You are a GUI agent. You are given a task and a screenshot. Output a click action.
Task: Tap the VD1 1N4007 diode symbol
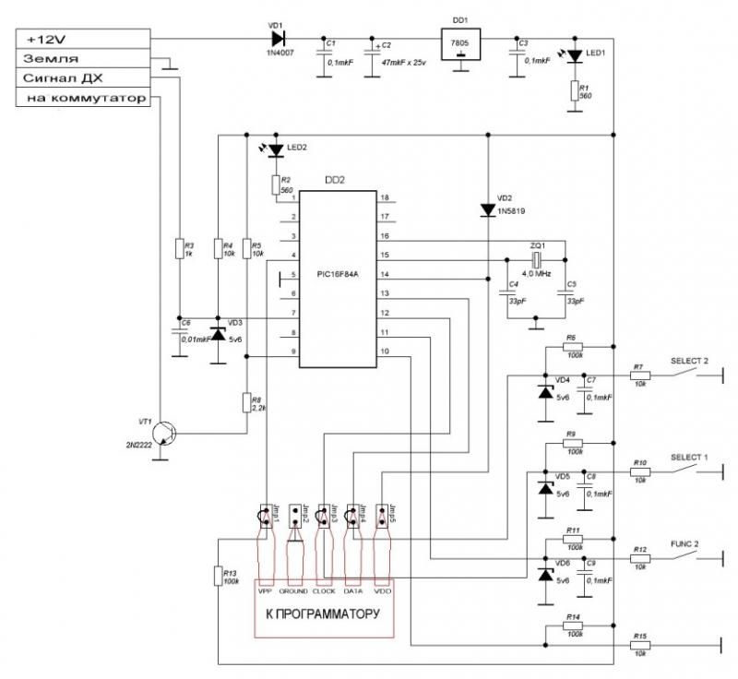[277, 40]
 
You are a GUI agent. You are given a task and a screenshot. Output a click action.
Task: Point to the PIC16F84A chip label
[337, 274]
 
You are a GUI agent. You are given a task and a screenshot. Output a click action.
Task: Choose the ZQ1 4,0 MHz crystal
[534, 256]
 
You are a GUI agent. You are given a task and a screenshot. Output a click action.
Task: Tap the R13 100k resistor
[217, 576]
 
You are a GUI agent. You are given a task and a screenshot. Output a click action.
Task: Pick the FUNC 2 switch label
[684, 544]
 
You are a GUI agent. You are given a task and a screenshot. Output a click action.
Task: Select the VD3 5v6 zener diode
[218, 333]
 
